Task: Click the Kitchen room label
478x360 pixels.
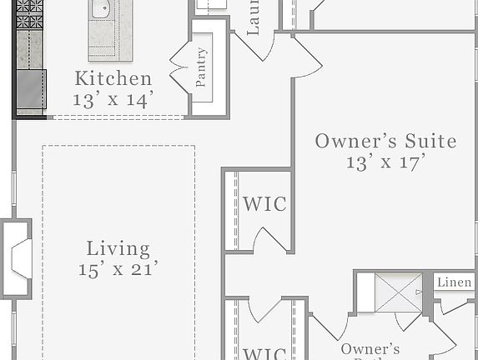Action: (x=113, y=79)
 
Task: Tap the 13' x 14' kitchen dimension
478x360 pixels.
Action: (x=113, y=100)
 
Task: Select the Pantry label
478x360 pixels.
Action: (x=202, y=67)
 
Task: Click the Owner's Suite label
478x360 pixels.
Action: (x=385, y=141)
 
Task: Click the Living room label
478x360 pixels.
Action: (x=118, y=248)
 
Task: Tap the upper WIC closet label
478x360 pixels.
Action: (x=264, y=204)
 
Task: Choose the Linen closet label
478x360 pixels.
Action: (x=455, y=283)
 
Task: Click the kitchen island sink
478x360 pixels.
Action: (x=101, y=11)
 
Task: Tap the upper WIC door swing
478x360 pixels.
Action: (x=271, y=240)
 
